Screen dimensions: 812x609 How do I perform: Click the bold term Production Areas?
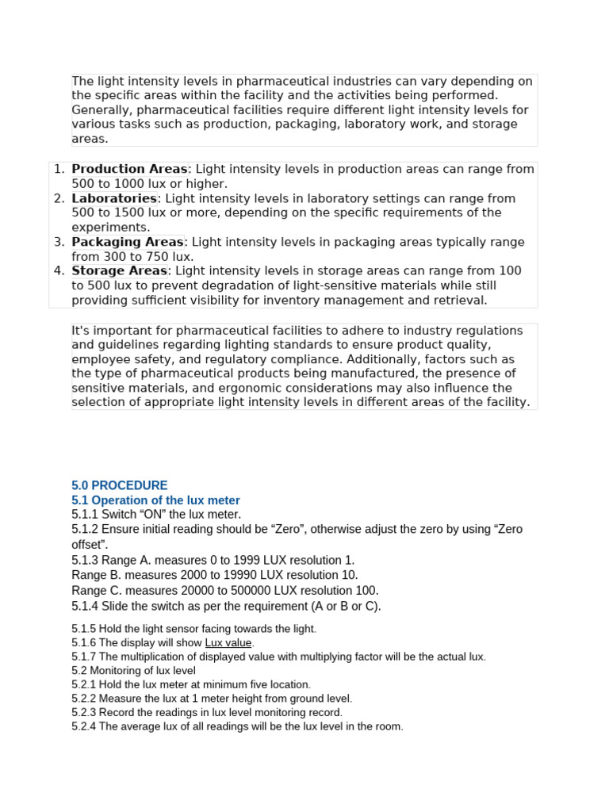point(129,169)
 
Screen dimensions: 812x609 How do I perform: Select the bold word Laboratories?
point(114,198)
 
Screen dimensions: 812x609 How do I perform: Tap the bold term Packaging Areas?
point(127,242)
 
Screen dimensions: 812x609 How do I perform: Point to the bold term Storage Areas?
point(120,270)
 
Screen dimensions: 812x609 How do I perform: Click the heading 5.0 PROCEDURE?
point(120,485)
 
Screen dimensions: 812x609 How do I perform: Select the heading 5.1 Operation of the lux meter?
point(155,500)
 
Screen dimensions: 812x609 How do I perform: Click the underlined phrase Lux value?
point(228,642)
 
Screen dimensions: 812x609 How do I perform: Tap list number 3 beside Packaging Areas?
point(59,242)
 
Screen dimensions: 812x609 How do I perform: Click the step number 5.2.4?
point(83,726)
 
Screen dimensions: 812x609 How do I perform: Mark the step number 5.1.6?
point(83,642)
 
